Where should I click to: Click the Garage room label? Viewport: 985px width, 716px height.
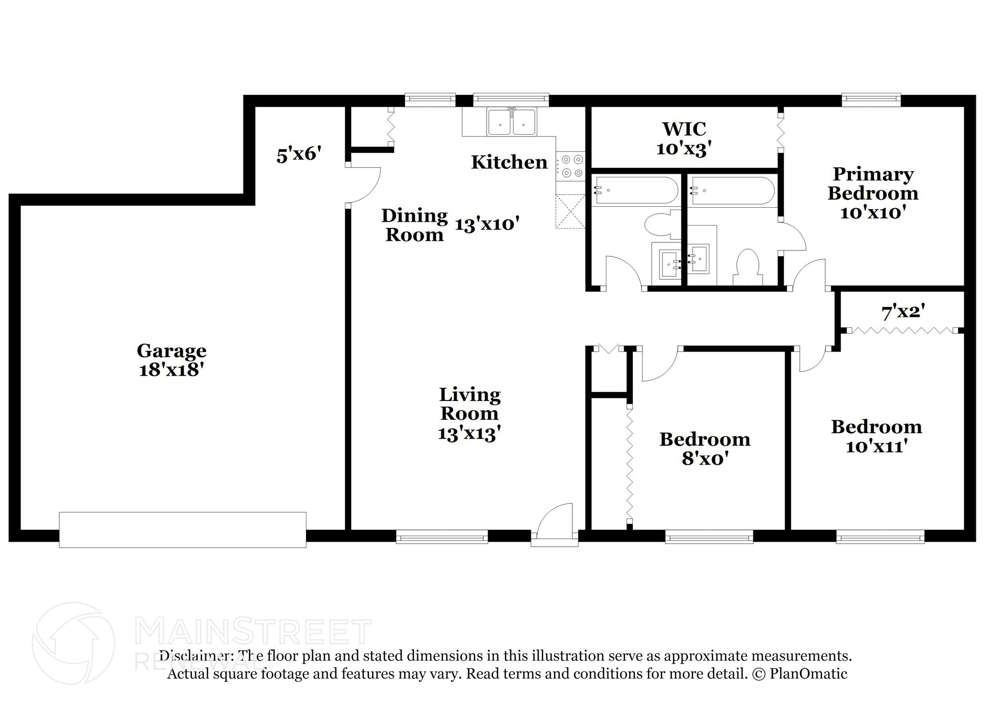tap(171, 351)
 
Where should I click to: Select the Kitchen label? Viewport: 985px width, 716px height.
tap(509, 162)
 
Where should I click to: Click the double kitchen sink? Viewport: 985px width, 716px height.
tap(512, 122)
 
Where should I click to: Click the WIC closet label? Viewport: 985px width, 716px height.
tap(684, 129)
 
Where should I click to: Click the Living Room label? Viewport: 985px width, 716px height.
tap(469, 404)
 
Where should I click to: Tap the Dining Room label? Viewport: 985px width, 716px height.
tap(414, 225)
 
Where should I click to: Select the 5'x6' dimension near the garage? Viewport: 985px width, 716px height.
tap(298, 155)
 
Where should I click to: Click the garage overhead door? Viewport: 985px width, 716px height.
tap(182, 529)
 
